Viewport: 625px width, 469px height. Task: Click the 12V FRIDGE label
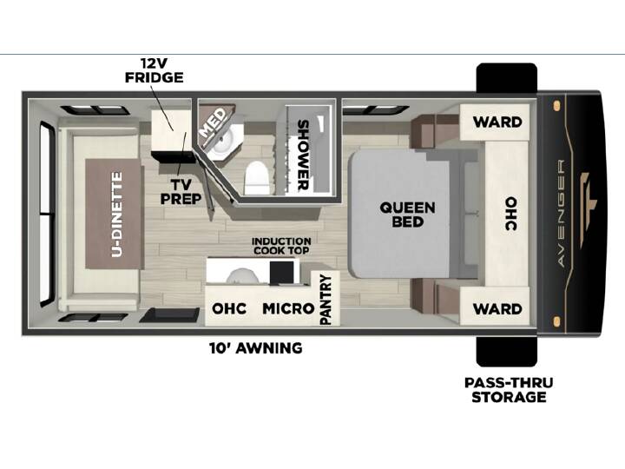coord(155,70)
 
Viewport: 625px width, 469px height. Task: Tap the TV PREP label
coord(181,192)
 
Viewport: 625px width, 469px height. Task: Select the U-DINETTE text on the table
coord(117,215)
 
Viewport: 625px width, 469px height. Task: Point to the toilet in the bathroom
coord(256,177)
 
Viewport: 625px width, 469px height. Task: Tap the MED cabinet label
coord(214,122)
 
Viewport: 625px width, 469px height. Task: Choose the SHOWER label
coord(303,155)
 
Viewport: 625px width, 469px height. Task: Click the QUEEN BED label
coord(407,215)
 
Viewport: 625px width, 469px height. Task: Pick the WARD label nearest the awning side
coord(497,308)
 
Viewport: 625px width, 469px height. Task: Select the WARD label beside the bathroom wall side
coord(497,122)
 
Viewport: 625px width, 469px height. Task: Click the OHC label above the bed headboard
coord(511,214)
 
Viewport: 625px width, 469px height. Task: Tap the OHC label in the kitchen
coord(229,308)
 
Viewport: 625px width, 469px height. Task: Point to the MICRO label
coord(288,308)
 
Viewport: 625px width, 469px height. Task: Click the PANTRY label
coord(326,300)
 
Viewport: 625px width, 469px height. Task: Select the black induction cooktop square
coord(284,273)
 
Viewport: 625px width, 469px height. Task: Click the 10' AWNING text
coord(256,348)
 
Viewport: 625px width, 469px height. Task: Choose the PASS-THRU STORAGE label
coord(509,390)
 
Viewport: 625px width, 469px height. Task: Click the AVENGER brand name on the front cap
coord(561,213)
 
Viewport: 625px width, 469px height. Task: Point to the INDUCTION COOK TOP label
coord(281,246)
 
